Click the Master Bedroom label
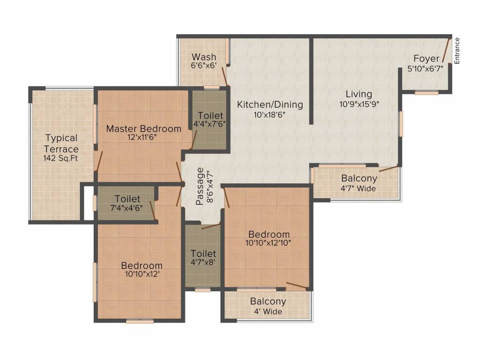pyautogui.click(x=143, y=128)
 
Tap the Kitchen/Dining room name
pyautogui.click(x=270, y=105)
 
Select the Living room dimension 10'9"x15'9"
pyautogui.click(x=359, y=105)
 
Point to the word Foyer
pyautogui.click(x=426, y=59)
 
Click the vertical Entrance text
pyautogui.click(x=457, y=50)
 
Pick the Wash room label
pyautogui.click(x=204, y=57)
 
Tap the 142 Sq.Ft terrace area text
pyautogui.click(x=61, y=158)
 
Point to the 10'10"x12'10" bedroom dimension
pyautogui.click(x=269, y=243)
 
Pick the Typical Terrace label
pyautogui.click(x=61, y=143)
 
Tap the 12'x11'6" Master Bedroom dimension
pyautogui.click(x=143, y=138)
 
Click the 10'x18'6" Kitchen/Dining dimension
pyautogui.click(x=270, y=114)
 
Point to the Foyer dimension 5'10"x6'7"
pyautogui.click(x=426, y=68)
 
